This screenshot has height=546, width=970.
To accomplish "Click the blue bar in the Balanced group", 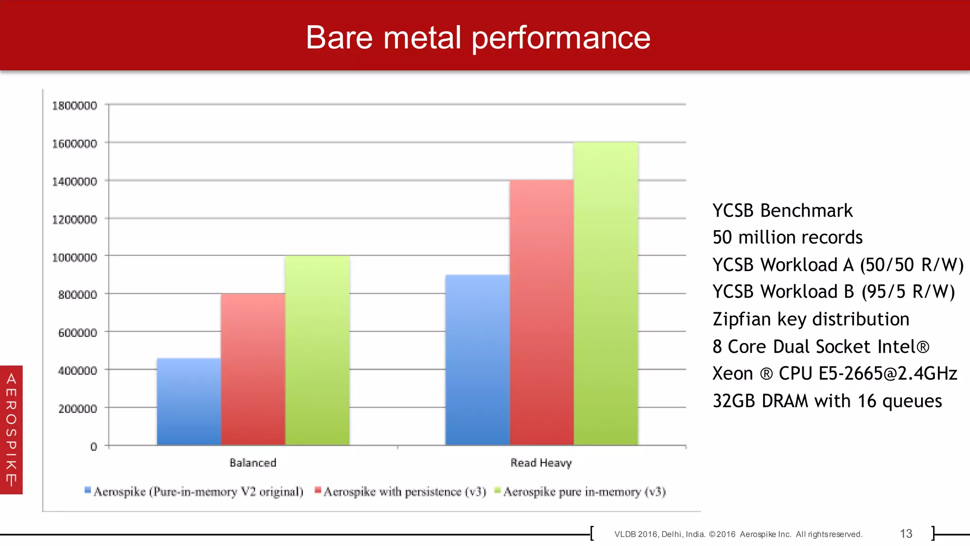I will [189, 402].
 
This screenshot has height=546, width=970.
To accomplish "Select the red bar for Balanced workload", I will [253, 370].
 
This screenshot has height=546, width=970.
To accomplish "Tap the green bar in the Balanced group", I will [317, 351].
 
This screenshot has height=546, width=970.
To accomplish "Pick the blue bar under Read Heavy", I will [477, 360].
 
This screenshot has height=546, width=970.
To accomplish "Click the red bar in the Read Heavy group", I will [541, 313].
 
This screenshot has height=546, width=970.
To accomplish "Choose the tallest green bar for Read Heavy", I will [606, 294].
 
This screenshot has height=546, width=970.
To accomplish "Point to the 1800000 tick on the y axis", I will [74, 105].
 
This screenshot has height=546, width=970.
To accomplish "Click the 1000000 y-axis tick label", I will [74, 257].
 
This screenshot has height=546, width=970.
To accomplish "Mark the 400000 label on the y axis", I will [77, 371].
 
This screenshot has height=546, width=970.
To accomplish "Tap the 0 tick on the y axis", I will [94, 446].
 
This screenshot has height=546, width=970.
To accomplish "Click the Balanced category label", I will [253, 463].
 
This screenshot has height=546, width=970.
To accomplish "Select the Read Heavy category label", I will [541, 463].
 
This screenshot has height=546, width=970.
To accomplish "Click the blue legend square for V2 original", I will [88, 490].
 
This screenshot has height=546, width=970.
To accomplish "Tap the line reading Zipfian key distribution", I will [811, 319].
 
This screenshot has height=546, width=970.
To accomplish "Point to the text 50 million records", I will [787, 237].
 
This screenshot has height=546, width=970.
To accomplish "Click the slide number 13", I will [906, 534].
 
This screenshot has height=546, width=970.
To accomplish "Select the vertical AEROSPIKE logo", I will [11, 429].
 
